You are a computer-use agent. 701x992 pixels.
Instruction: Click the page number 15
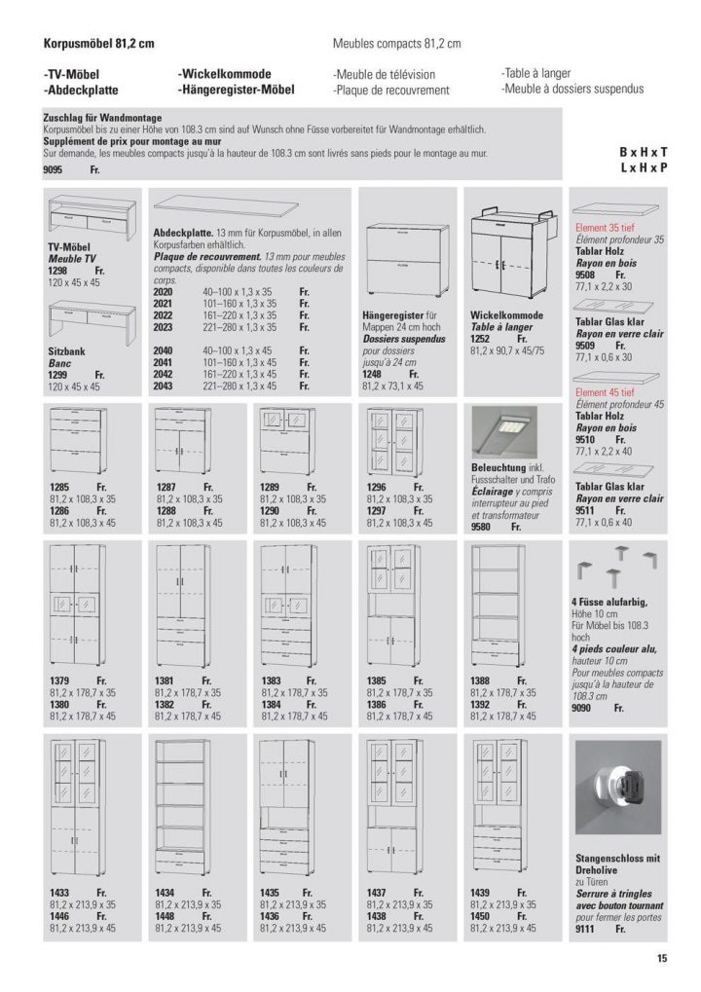661,959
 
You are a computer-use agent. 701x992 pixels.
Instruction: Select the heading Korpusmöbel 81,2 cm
99,44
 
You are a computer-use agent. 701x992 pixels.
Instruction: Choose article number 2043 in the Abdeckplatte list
164,386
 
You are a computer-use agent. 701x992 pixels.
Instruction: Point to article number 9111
586,930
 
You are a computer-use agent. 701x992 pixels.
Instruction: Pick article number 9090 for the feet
585,710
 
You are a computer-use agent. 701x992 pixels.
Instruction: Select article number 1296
378,486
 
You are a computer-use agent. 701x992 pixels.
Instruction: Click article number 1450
482,915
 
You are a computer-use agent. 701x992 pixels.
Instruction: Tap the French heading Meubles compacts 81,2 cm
397,44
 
